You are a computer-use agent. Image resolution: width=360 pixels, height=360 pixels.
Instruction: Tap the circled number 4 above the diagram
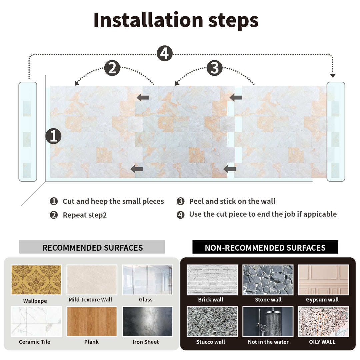(165, 53)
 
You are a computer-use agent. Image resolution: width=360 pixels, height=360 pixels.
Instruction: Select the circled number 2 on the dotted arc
(112, 68)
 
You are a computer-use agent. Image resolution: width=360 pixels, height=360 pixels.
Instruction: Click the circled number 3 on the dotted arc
(214, 68)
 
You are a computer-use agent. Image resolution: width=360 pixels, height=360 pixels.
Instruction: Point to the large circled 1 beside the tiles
(54, 136)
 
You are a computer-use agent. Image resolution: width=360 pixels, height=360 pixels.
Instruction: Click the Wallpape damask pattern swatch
(36, 280)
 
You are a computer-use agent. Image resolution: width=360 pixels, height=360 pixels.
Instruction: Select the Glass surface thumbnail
(147, 280)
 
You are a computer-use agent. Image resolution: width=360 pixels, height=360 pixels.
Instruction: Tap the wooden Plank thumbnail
(92, 321)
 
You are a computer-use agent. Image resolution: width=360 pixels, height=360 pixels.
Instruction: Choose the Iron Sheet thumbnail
(147, 321)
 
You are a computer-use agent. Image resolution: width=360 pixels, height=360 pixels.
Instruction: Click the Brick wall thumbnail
(212, 280)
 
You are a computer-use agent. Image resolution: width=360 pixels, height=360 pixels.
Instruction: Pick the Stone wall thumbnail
(268, 280)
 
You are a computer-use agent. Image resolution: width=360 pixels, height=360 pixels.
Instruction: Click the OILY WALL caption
(322, 342)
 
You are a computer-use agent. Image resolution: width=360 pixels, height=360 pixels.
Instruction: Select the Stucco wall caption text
(210, 342)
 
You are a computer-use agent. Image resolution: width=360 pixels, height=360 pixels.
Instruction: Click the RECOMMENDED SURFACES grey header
(92, 248)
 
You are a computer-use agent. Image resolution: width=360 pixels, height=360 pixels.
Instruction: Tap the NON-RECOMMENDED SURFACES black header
(265, 248)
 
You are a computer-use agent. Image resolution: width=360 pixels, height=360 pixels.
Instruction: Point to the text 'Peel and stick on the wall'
(232, 201)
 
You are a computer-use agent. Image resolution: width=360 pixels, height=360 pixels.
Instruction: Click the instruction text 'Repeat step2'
(85, 215)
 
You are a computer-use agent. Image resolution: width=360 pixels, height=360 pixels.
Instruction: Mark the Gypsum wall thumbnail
(323, 280)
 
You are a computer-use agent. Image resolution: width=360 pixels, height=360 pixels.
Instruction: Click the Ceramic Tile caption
(35, 342)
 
